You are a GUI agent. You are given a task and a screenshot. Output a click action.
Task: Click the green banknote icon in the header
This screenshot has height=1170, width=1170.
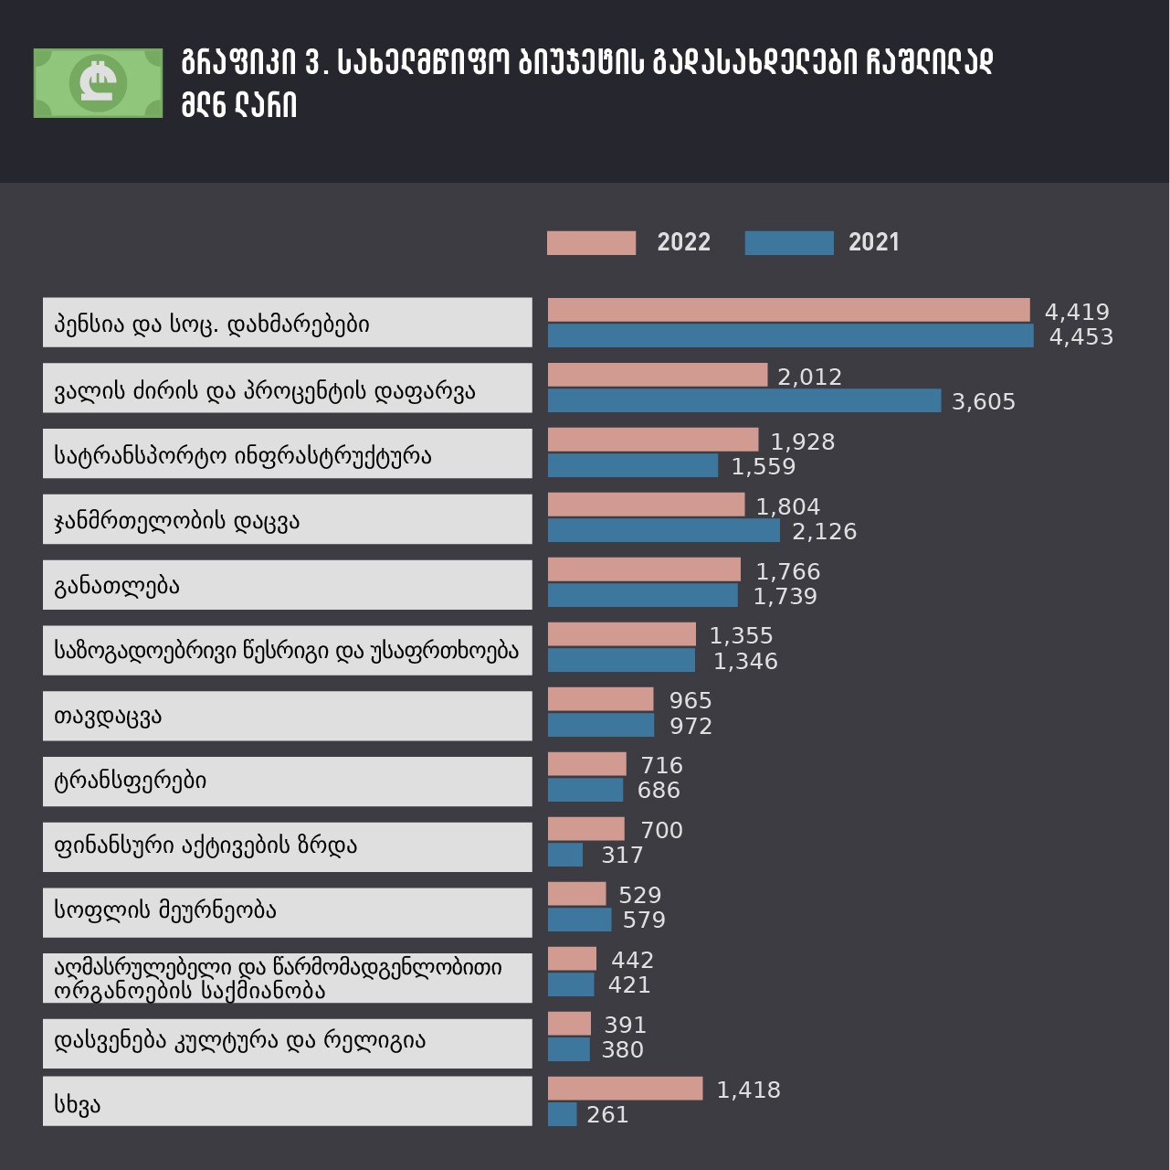[x=98, y=83]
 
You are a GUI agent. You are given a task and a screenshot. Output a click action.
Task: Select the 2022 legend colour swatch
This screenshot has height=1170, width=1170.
[x=591, y=243]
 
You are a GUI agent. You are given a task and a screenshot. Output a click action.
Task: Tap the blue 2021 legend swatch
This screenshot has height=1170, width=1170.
[x=789, y=243]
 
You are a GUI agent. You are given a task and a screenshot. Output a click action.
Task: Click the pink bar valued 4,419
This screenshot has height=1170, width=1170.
[x=788, y=311]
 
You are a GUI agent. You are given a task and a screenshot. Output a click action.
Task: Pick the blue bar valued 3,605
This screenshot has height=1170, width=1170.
[x=743, y=400]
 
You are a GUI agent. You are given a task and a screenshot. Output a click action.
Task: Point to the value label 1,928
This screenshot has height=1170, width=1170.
[x=802, y=441]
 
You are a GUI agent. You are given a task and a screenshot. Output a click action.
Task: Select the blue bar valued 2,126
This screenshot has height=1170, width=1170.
[x=663, y=530]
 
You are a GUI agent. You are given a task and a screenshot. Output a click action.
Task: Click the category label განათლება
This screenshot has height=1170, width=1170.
[x=117, y=585]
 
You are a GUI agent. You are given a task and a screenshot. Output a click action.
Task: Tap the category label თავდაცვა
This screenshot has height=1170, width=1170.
[x=108, y=716]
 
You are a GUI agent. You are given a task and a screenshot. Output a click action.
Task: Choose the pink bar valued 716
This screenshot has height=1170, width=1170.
[x=586, y=764]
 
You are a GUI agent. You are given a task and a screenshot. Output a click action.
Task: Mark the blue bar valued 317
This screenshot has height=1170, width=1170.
[x=564, y=855]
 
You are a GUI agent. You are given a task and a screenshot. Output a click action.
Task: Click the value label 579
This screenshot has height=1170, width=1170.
[x=643, y=920]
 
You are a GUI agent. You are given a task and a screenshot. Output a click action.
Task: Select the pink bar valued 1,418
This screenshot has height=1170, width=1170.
[x=625, y=1089]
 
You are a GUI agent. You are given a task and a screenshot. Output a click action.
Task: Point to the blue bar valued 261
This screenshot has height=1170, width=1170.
[x=562, y=1114]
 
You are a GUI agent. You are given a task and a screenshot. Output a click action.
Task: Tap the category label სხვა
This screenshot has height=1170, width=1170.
[x=78, y=1104]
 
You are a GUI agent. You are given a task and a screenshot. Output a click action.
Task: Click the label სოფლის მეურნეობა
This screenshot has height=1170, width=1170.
[x=165, y=910]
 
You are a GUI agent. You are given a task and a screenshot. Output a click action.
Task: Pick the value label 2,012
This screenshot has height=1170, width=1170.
[x=809, y=377]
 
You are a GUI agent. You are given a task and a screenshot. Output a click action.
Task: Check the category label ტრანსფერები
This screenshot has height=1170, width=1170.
[x=131, y=781]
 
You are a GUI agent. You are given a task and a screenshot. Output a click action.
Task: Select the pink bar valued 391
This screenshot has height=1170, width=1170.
[x=569, y=1024]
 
